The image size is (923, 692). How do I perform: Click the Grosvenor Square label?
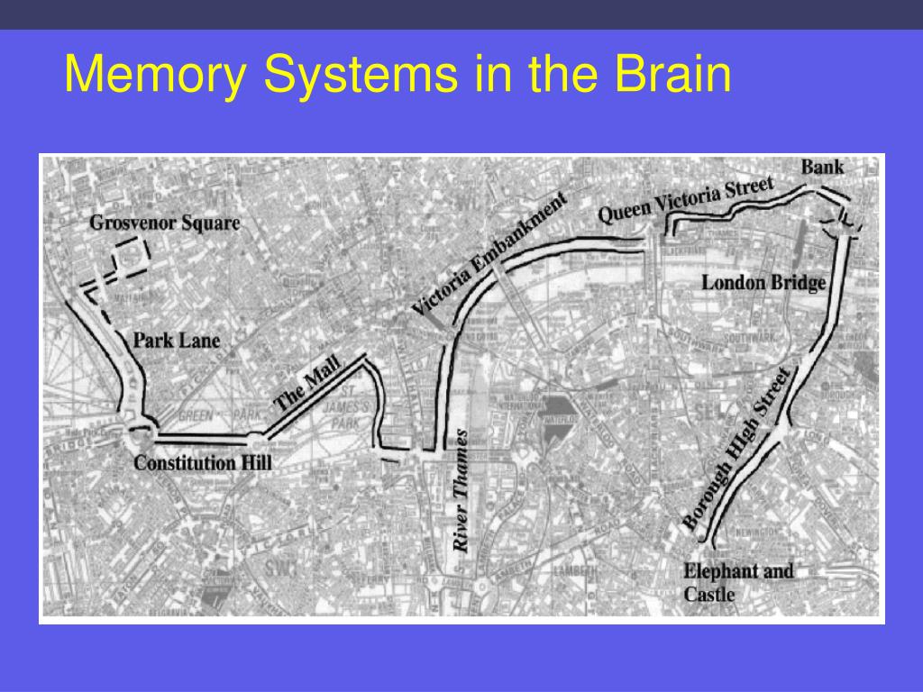click(x=165, y=223)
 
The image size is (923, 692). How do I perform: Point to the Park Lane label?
click(x=177, y=341)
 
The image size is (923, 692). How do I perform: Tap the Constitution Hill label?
click(x=202, y=463)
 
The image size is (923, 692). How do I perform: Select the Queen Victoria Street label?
click(x=686, y=200)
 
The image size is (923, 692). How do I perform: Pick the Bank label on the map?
click(x=822, y=167)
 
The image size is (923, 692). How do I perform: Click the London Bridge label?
click(x=763, y=283)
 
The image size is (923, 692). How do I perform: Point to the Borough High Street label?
click(x=736, y=449)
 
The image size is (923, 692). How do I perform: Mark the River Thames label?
click(x=461, y=490)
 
